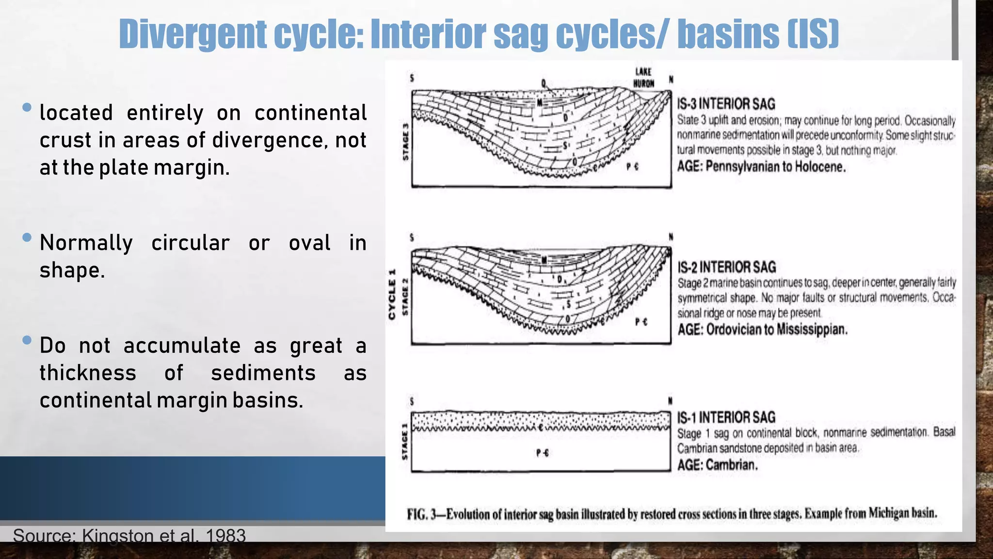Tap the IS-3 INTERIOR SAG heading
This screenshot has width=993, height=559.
726,104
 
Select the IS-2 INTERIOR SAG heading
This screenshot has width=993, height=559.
726,267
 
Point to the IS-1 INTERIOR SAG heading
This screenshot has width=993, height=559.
726,417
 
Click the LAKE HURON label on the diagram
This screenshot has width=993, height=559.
643,78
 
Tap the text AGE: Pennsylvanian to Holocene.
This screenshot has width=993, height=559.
761,167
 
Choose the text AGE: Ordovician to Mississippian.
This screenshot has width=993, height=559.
762,330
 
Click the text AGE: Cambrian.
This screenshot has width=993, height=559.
717,465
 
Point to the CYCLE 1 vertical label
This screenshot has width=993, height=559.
392,294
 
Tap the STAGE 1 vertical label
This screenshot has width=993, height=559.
405,442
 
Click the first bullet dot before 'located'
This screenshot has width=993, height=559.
27,107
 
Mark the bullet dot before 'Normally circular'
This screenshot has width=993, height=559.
27,237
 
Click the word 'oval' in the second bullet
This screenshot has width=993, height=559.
309,243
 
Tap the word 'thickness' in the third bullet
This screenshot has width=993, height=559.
88,373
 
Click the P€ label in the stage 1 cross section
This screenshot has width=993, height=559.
543,453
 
